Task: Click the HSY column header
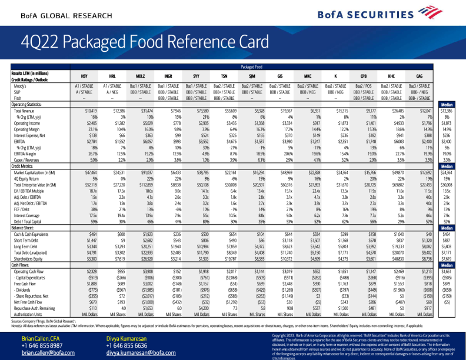(91, 76)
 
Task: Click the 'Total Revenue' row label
(26, 111)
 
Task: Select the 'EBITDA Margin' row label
(28, 152)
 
